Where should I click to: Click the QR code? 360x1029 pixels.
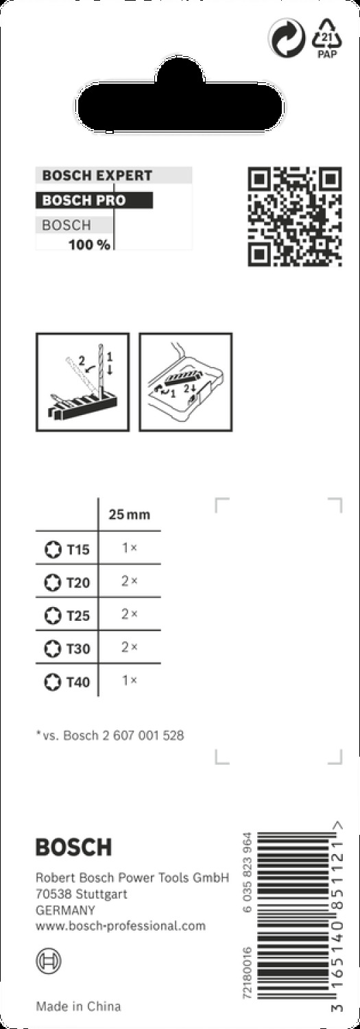click(295, 217)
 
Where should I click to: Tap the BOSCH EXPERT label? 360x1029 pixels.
click(97, 176)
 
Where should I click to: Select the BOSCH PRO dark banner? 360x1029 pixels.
click(94, 200)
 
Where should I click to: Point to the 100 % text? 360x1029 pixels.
click(90, 245)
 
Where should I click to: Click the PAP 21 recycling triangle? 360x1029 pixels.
click(327, 38)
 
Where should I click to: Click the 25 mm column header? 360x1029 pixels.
click(130, 514)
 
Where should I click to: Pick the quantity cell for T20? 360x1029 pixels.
click(130, 581)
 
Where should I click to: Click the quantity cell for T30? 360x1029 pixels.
click(130, 648)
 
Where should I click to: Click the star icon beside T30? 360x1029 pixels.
click(53, 649)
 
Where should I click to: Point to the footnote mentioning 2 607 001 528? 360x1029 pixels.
click(110, 735)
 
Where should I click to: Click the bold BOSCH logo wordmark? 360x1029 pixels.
click(73, 847)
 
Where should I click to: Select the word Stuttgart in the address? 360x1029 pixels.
click(101, 895)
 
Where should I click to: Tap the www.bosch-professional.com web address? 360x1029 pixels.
click(121, 925)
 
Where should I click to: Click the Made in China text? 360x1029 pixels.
click(79, 1006)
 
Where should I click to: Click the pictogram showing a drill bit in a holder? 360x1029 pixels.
click(83, 382)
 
